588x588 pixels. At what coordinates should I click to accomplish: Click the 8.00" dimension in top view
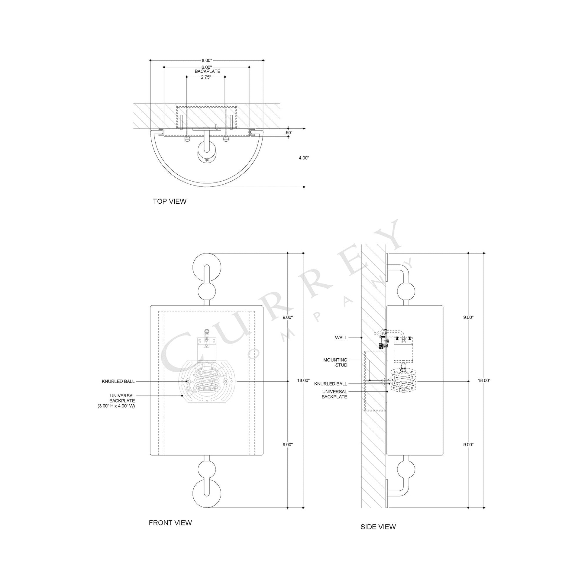pos(206,60)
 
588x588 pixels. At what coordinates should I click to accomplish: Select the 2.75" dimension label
pos(206,77)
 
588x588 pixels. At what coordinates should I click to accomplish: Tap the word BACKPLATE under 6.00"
pos(207,71)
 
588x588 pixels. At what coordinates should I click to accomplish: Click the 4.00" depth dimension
pos(303,158)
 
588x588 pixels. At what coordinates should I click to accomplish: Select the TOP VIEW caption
pos(170,201)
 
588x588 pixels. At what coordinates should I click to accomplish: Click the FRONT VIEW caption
pos(170,522)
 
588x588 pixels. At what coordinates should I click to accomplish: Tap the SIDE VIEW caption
pos(378,527)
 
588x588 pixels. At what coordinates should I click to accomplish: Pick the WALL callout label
pos(341,338)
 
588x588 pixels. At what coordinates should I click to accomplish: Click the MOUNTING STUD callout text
pos(335,363)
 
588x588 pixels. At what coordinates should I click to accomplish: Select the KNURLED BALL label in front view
pos(118,381)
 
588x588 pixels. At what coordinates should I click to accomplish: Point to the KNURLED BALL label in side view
pos(331,384)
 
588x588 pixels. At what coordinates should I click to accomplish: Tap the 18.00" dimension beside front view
pos(303,380)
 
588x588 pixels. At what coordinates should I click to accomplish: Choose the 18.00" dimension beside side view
pos(484,380)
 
